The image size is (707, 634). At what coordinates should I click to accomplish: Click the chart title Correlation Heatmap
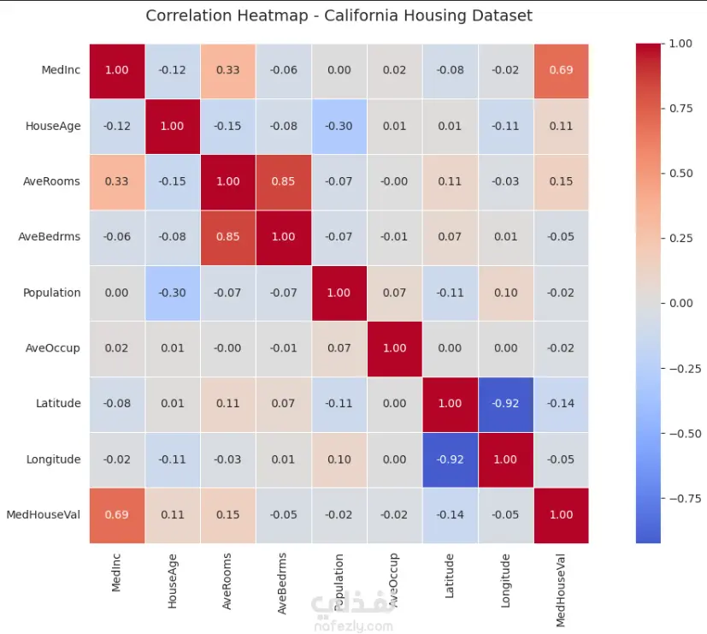pos(339,15)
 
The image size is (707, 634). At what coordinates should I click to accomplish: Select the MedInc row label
pos(61,70)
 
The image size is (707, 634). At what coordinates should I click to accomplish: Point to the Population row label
pos(52,293)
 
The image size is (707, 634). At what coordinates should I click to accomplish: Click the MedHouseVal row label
pos(44,515)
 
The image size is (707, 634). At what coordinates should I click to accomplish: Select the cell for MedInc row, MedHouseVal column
pos(561,70)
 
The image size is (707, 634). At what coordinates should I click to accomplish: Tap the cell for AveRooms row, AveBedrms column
pos(283,181)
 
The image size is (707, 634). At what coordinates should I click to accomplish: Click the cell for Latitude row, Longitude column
pos(505,404)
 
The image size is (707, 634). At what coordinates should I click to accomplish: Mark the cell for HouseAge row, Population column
pos(339,126)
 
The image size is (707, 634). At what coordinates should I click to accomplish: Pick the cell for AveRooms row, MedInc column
pos(116,181)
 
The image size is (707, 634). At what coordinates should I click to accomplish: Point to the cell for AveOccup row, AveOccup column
pos(394,348)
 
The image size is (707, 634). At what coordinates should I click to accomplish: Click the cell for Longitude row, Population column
pos(339,459)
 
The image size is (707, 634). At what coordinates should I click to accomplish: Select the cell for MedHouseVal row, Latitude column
pos(450,515)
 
